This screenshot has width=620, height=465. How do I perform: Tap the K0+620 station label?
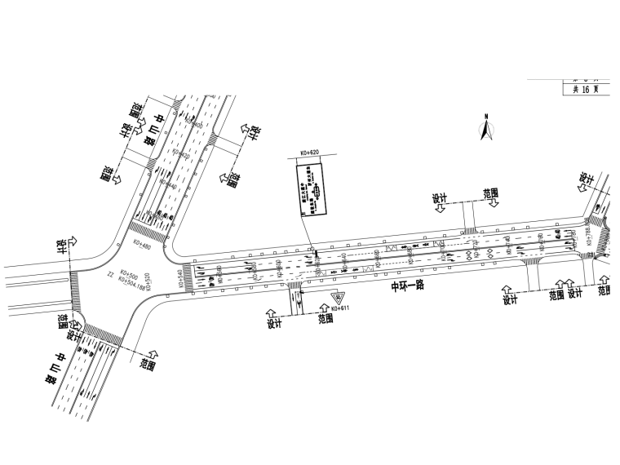click(311, 153)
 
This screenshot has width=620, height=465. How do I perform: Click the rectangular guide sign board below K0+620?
click(311, 188)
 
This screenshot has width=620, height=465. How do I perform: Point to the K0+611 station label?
click(339, 308)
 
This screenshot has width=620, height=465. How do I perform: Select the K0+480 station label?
click(140, 244)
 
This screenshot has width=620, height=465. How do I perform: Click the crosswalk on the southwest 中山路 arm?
click(101, 334)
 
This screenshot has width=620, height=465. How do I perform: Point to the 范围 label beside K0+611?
click(325, 319)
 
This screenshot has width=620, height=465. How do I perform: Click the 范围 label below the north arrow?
click(491, 193)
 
